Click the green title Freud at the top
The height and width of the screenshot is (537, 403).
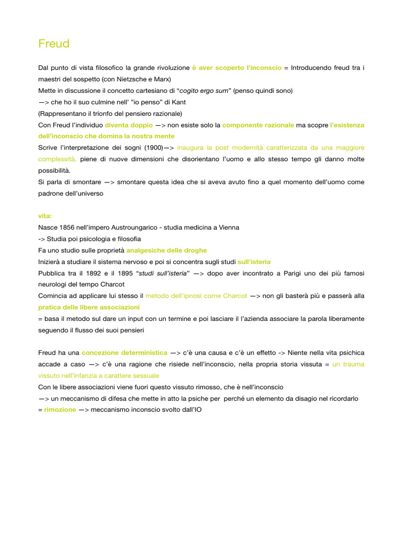click(54, 44)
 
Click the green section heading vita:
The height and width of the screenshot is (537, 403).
click(46, 216)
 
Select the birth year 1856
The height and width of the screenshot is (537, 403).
click(69, 228)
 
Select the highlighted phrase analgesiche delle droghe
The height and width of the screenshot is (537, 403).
click(166, 250)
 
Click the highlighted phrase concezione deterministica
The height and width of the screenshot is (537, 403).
click(124, 353)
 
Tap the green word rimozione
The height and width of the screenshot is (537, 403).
click(60, 410)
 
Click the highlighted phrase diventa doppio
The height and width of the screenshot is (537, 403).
click(129, 125)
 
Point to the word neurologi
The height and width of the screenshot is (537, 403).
click(54, 284)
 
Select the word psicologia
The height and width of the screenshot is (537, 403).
click(91, 239)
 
